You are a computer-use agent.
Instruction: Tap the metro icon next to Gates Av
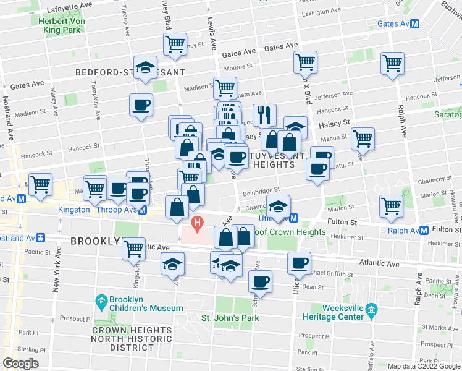click(416, 23)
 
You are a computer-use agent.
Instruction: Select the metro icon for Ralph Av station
click(424, 231)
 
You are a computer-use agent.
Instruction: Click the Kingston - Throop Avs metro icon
click(143, 210)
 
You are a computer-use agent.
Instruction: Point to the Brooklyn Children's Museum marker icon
click(101, 302)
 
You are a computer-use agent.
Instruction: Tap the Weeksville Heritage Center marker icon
click(371, 309)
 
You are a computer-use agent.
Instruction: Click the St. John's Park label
click(230, 318)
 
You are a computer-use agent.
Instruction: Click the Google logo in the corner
click(20, 363)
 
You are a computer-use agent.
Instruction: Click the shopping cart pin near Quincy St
click(175, 44)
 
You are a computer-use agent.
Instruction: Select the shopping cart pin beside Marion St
click(392, 206)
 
